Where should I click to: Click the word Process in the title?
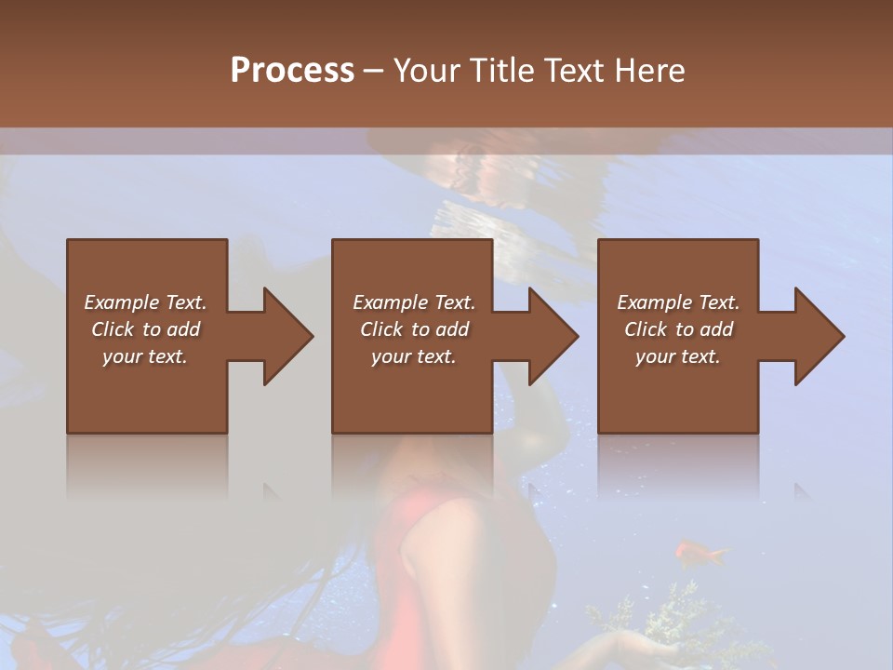[292, 71]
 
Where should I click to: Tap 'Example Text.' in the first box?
[145, 302]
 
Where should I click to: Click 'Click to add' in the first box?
[145, 329]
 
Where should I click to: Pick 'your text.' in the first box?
[145, 356]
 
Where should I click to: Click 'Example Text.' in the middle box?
[414, 302]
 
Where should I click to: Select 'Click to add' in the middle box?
[414, 329]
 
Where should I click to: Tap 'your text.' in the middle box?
[414, 356]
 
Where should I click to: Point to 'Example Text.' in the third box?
[678, 302]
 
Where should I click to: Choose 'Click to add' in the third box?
[678, 329]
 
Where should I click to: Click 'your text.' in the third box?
[678, 356]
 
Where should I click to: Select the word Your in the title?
[428, 71]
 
